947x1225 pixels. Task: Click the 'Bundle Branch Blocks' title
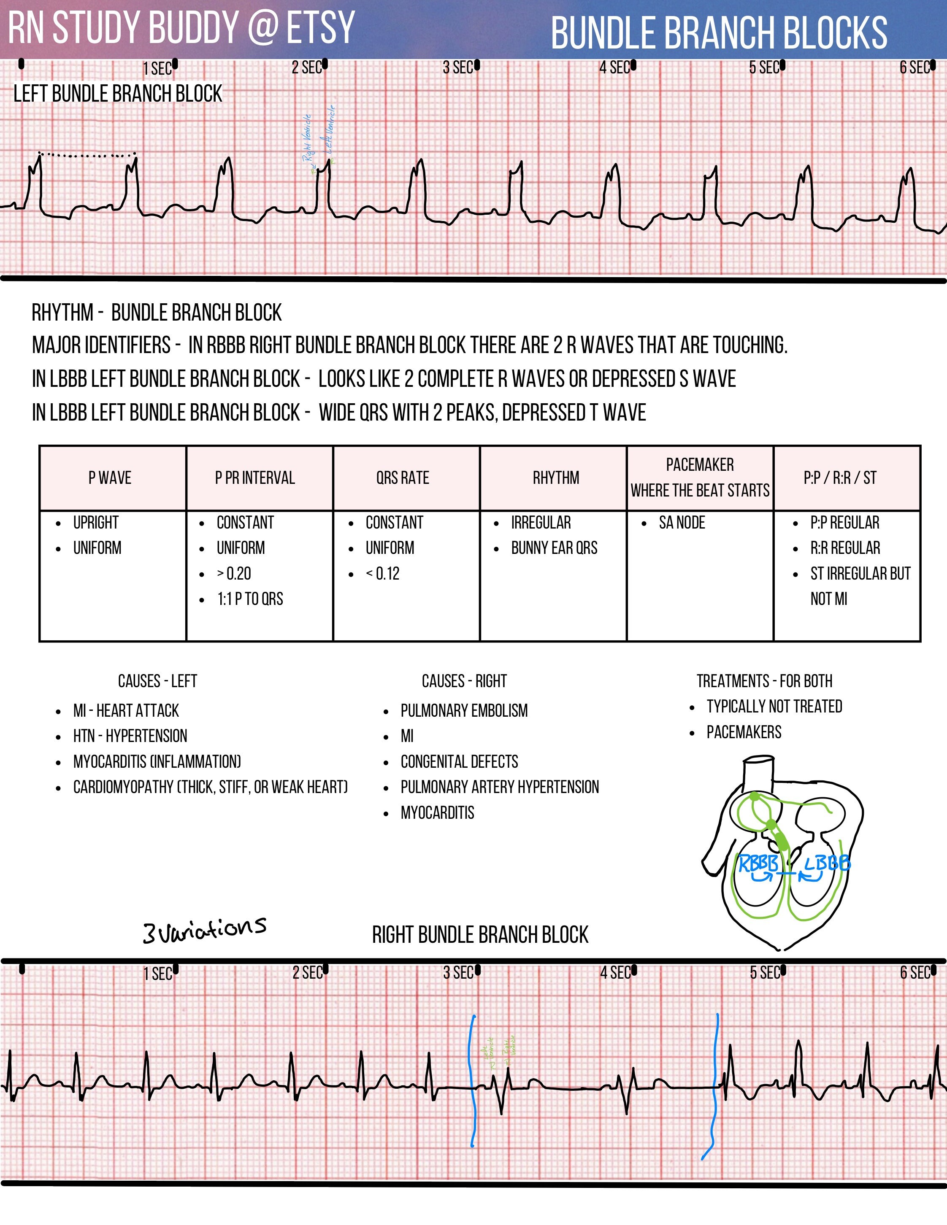(x=719, y=33)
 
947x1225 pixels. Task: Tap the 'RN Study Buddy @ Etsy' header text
(x=181, y=27)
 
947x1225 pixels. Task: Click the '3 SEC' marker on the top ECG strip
(x=458, y=68)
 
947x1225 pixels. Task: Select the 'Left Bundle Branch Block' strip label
(x=118, y=94)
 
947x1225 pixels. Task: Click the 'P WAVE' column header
(x=110, y=478)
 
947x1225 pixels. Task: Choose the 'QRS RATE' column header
(x=403, y=478)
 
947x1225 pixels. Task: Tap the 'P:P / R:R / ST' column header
(x=840, y=478)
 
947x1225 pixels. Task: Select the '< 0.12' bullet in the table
(x=383, y=573)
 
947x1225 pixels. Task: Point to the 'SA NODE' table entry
(x=682, y=523)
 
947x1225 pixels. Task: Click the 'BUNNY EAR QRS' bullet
(x=554, y=548)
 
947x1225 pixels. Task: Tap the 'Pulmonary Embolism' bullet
(x=464, y=711)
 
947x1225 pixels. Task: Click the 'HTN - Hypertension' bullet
(x=130, y=736)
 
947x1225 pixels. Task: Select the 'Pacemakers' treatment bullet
(x=743, y=732)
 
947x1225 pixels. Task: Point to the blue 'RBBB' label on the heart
(x=758, y=863)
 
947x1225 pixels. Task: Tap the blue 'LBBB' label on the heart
(x=827, y=863)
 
